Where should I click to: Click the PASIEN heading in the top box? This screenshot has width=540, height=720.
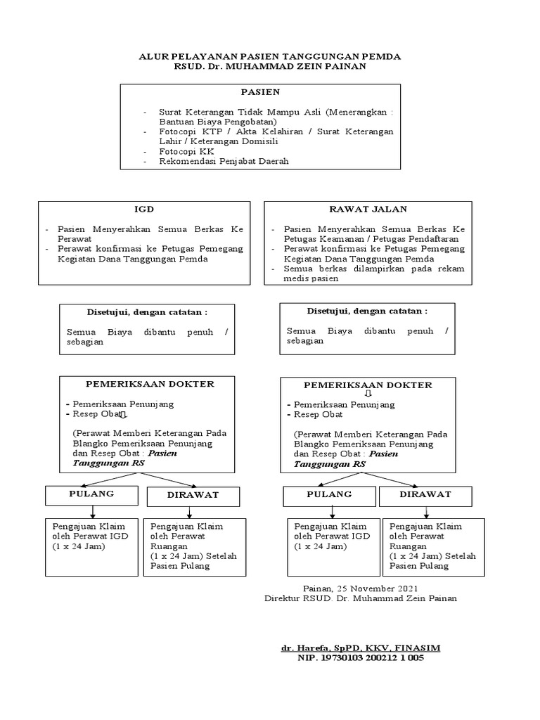pyautogui.click(x=260, y=92)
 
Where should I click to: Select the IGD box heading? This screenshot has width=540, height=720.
pyautogui.click(x=144, y=210)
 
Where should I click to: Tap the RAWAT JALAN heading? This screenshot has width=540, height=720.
pyautogui.click(x=368, y=209)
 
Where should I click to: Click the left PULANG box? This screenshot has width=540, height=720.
pyautogui.click(x=91, y=494)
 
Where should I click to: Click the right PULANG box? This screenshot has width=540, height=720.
pyautogui.click(x=329, y=494)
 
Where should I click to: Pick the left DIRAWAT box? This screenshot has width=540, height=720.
pyautogui.click(x=193, y=495)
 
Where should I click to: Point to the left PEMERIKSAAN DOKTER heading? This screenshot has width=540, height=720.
pyautogui.click(x=150, y=384)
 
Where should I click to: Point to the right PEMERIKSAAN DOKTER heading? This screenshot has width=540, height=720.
pyautogui.click(x=368, y=385)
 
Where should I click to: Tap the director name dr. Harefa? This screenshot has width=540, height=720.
pyautogui.click(x=361, y=647)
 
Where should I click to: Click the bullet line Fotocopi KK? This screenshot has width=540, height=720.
pyautogui.click(x=186, y=151)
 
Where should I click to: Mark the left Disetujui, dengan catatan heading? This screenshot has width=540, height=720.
pyautogui.click(x=137, y=311)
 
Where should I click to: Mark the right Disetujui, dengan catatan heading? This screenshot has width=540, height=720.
pyautogui.click(x=367, y=311)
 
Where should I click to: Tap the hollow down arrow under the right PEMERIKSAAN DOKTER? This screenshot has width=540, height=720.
pyautogui.click(x=367, y=394)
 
